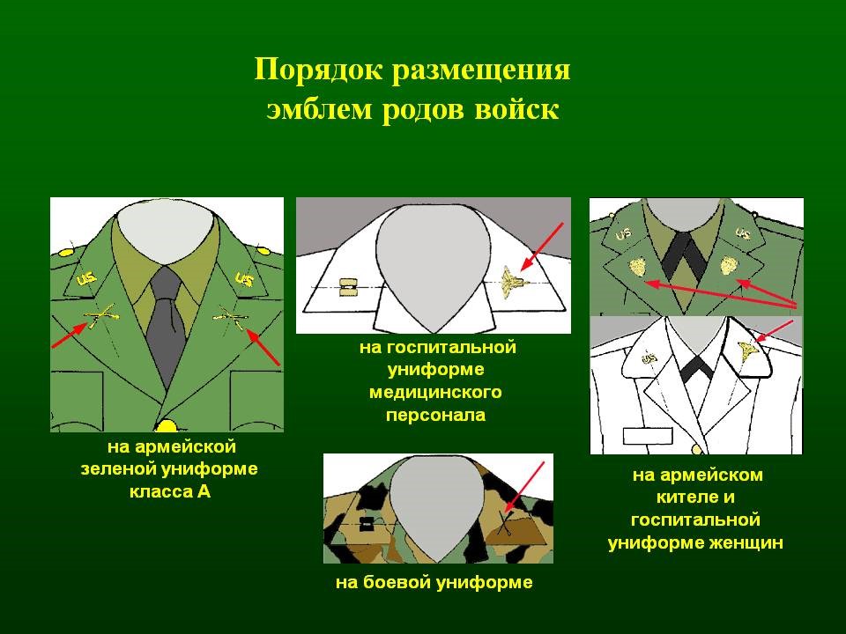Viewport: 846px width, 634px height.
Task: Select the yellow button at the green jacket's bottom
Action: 167,426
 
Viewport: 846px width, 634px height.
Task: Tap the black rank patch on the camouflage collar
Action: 367,522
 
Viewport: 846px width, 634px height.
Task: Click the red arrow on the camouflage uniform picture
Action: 524,487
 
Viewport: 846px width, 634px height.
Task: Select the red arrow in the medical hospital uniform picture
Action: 542,247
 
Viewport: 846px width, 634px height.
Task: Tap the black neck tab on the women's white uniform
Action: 695,369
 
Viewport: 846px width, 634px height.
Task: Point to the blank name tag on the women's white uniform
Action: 648,436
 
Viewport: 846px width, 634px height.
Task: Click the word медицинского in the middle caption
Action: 435,392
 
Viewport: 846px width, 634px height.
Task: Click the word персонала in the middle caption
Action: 435,415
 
